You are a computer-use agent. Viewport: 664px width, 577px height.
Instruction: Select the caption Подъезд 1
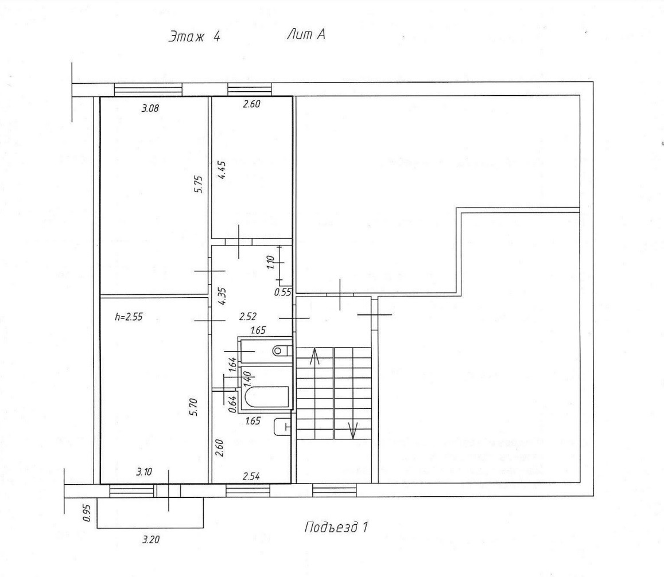click(x=336, y=527)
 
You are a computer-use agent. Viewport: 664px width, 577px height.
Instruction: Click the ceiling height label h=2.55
click(x=129, y=317)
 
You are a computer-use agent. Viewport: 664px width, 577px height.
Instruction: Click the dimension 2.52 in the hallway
click(x=248, y=317)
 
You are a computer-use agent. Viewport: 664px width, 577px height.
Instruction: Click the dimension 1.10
click(x=271, y=262)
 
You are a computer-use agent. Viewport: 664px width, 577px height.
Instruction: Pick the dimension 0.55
click(x=282, y=292)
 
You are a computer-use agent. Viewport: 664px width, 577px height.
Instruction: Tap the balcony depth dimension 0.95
click(x=87, y=512)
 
